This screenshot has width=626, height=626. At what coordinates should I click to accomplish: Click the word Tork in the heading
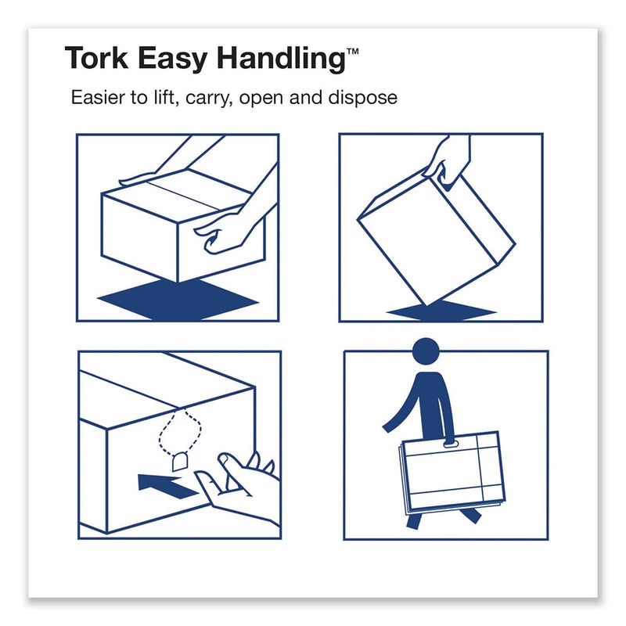tap(96, 58)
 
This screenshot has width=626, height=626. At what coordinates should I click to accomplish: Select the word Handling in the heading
tap(281, 59)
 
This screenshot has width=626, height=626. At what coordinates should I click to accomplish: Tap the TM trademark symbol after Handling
tap(353, 51)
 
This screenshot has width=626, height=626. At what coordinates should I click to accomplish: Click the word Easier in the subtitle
tap(98, 97)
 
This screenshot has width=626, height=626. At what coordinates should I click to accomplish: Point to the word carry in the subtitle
tap(209, 99)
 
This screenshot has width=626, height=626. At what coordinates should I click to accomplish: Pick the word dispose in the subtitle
tap(362, 98)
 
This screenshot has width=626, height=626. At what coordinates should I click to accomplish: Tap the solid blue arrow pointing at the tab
tap(167, 485)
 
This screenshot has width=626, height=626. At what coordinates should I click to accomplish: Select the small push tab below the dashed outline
tap(180, 462)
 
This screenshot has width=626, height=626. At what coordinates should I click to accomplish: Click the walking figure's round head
tap(426, 351)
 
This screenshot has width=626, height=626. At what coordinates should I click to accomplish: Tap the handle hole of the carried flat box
tap(450, 444)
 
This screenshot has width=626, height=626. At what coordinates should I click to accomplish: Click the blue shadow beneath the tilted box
tap(441, 311)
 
